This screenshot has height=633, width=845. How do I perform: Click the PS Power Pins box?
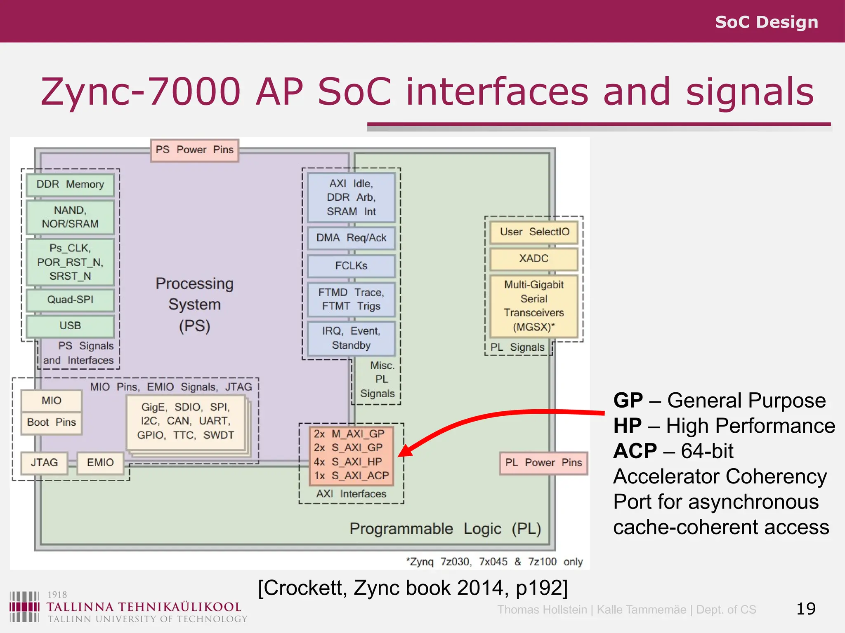[x=194, y=150]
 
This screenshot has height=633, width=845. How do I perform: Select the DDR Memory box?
[x=70, y=184]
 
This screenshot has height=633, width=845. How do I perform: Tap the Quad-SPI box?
[x=70, y=300]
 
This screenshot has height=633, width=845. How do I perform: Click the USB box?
[x=70, y=326]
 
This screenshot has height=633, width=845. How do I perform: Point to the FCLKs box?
[x=351, y=266]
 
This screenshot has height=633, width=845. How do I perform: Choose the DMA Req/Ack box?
[x=351, y=238]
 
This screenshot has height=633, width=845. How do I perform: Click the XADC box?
[x=533, y=258]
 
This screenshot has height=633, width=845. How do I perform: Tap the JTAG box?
[x=44, y=462]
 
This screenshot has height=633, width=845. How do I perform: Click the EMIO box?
[x=100, y=462]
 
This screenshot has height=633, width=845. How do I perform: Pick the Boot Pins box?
[x=52, y=422]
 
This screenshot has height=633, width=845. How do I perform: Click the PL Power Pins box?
[x=543, y=463]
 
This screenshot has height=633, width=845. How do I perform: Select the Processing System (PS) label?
[x=195, y=305]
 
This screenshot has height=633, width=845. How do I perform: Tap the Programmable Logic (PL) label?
[x=445, y=529]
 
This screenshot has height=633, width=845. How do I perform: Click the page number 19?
[x=805, y=609]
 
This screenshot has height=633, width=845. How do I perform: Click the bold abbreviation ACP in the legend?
[x=635, y=451]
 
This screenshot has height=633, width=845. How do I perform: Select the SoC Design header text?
[x=766, y=22]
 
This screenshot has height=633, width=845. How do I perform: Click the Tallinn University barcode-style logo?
[x=24, y=607]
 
